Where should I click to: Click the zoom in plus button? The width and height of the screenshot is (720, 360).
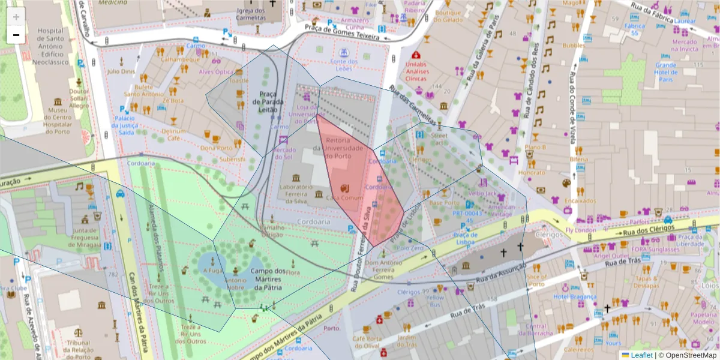coord(16,17)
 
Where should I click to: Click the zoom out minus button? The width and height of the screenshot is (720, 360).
coord(16,35)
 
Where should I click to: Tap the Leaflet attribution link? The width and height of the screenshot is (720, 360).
coord(641,355)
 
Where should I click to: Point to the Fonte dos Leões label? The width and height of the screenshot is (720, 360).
coord(344,65)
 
